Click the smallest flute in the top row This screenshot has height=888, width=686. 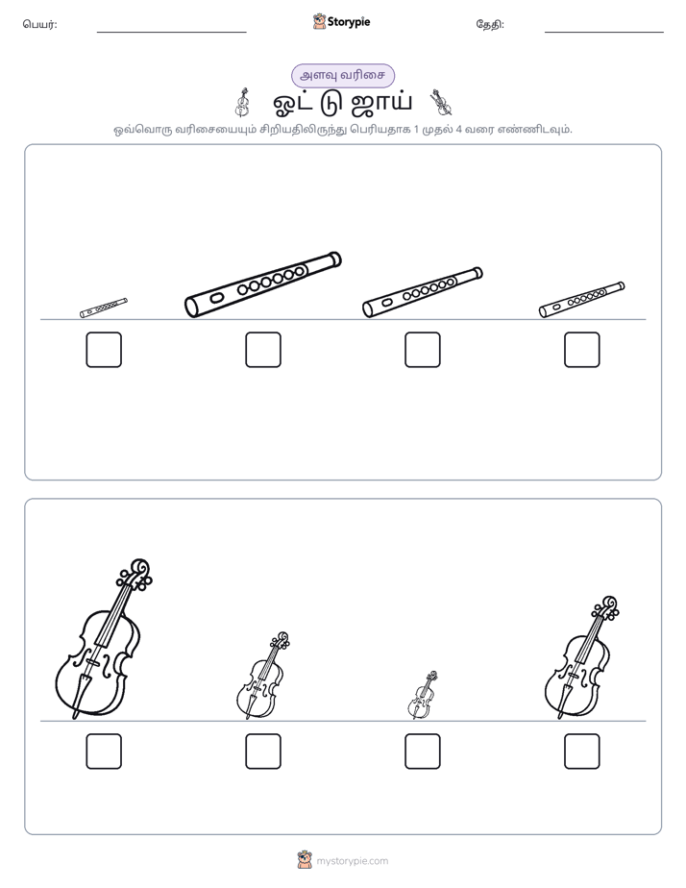tap(104, 308)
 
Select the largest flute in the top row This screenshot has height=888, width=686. tap(263, 284)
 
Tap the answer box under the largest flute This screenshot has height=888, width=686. tap(263, 350)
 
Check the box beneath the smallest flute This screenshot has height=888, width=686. tap(104, 350)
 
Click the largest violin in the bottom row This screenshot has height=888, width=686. tap(104, 640)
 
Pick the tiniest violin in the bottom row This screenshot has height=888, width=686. tap(422, 696)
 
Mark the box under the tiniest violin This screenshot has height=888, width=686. tap(422, 752)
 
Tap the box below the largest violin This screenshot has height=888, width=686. tap(104, 752)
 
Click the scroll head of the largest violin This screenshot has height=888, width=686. tap(139, 568)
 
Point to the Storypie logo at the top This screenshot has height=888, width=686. tap(341, 22)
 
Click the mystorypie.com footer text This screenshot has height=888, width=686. tap(352, 861)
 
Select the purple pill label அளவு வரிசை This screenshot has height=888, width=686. tap(342, 75)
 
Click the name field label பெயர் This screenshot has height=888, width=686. tap(39, 24)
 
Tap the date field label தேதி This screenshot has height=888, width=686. tap(490, 24)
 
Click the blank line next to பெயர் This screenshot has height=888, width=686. tap(171, 32)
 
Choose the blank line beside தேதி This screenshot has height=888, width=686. tap(604, 32)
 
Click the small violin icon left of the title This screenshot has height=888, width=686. tap(243, 103)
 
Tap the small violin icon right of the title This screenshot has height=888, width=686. tap(440, 103)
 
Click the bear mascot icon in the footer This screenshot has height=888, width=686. tap(305, 860)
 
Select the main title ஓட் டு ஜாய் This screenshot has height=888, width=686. tap(342, 103)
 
